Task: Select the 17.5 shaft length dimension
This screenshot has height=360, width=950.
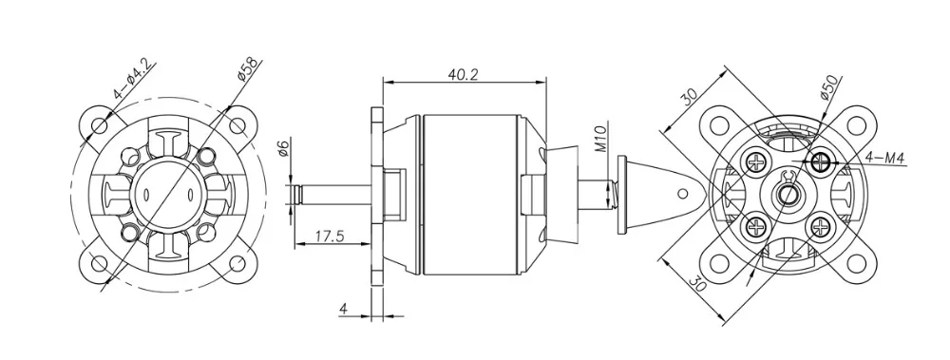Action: [322, 234]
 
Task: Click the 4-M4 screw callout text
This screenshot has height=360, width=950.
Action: [885, 156]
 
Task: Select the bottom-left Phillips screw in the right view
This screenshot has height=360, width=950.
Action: [757, 226]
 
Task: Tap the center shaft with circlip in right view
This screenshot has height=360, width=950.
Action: [788, 194]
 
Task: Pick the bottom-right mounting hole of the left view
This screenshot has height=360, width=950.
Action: [228, 262]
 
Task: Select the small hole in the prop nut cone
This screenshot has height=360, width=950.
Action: [680, 191]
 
